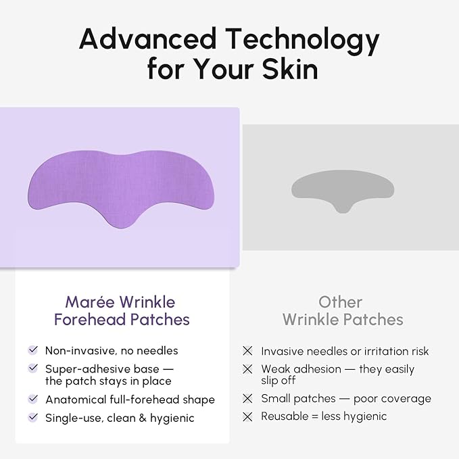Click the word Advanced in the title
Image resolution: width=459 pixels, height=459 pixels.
(147, 40)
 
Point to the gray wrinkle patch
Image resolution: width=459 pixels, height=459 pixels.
(343, 187)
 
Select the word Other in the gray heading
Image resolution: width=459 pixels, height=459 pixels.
(341, 302)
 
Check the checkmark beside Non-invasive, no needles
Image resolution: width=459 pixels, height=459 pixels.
(32, 350)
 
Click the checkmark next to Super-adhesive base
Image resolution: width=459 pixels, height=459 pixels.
(32, 368)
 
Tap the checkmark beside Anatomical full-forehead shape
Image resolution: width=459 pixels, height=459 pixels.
(32, 400)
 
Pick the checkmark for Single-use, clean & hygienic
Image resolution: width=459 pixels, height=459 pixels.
(32, 418)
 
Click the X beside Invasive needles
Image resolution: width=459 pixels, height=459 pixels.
(247, 351)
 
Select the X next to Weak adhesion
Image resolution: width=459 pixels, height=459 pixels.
(247, 369)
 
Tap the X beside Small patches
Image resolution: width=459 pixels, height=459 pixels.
(247, 399)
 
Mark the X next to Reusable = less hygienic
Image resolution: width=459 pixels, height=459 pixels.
(247, 416)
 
